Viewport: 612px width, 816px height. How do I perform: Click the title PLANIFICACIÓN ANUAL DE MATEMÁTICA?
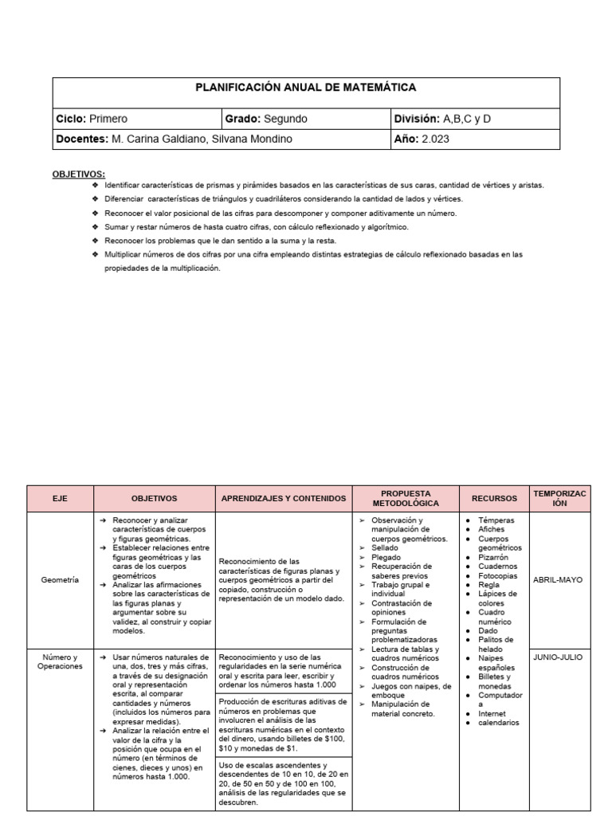(x=306, y=88)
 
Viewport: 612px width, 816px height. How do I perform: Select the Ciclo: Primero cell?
(x=92, y=119)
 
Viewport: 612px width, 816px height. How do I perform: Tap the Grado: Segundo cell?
(x=266, y=119)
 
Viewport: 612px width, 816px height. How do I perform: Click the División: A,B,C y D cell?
(x=443, y=119)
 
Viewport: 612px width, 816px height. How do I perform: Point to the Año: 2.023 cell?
(x=422, y=139)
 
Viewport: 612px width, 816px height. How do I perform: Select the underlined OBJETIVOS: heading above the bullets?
(x=78, y=173)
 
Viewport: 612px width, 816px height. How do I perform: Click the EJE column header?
(x=61, y=498)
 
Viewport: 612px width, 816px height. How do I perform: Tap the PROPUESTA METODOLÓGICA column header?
(x=406, y=498)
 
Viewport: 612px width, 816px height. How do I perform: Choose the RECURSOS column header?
(x=494, y=498)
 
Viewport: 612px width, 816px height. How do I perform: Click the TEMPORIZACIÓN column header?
(x=559, y=498)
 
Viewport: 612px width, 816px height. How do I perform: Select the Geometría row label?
(x=60, y=581)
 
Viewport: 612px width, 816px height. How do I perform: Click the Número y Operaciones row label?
(x=60, y=661)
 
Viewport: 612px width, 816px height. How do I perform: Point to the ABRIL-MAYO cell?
(x=558, y=581)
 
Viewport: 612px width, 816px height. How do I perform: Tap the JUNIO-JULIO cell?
(x=558, y=657)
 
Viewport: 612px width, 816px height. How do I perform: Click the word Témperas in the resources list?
(x=496, y=520)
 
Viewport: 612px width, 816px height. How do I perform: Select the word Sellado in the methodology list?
(x=385, y=548)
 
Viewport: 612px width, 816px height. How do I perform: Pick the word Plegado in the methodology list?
(x=386, y=557)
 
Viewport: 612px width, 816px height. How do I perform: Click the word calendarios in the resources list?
(x=499, y=723)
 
